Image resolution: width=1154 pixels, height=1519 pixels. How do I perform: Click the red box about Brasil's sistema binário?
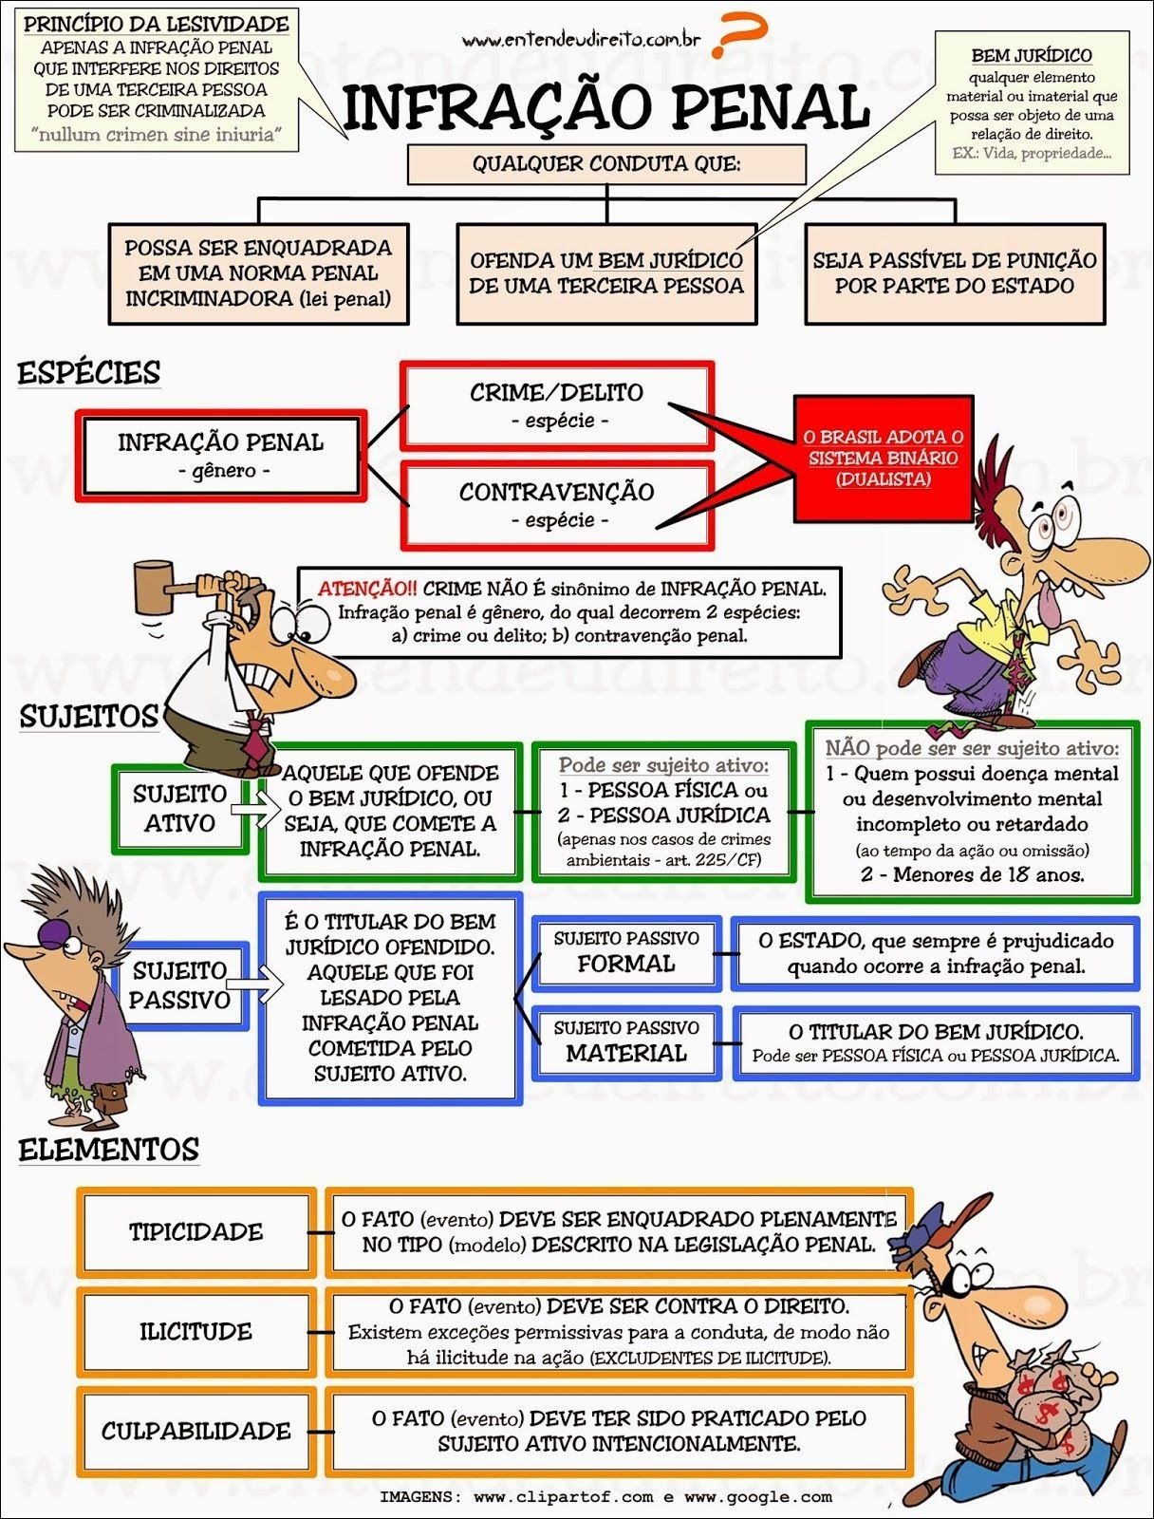[883, 458]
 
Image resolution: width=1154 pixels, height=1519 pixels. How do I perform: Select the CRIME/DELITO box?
[557, 405]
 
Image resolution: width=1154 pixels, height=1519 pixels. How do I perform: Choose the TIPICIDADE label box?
[195, 1231]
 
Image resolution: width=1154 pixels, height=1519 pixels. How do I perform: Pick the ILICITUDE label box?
[195, 1331]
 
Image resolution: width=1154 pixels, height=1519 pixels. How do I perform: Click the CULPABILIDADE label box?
[195, 1431]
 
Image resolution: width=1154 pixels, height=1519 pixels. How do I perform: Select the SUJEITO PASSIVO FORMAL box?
[626, 952]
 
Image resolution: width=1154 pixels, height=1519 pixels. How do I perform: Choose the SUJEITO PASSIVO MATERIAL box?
[626, 1042]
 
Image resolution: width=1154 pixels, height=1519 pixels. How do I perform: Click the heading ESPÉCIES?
[89, 373]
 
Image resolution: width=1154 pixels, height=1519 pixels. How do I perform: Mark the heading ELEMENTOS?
[108, 1151]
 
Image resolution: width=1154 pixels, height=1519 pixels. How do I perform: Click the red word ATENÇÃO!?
[366, 589]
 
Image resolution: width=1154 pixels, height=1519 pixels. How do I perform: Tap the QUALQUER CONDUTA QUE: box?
[606, 164]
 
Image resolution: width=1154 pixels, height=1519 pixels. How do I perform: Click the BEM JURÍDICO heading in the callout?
[1032, 56]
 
